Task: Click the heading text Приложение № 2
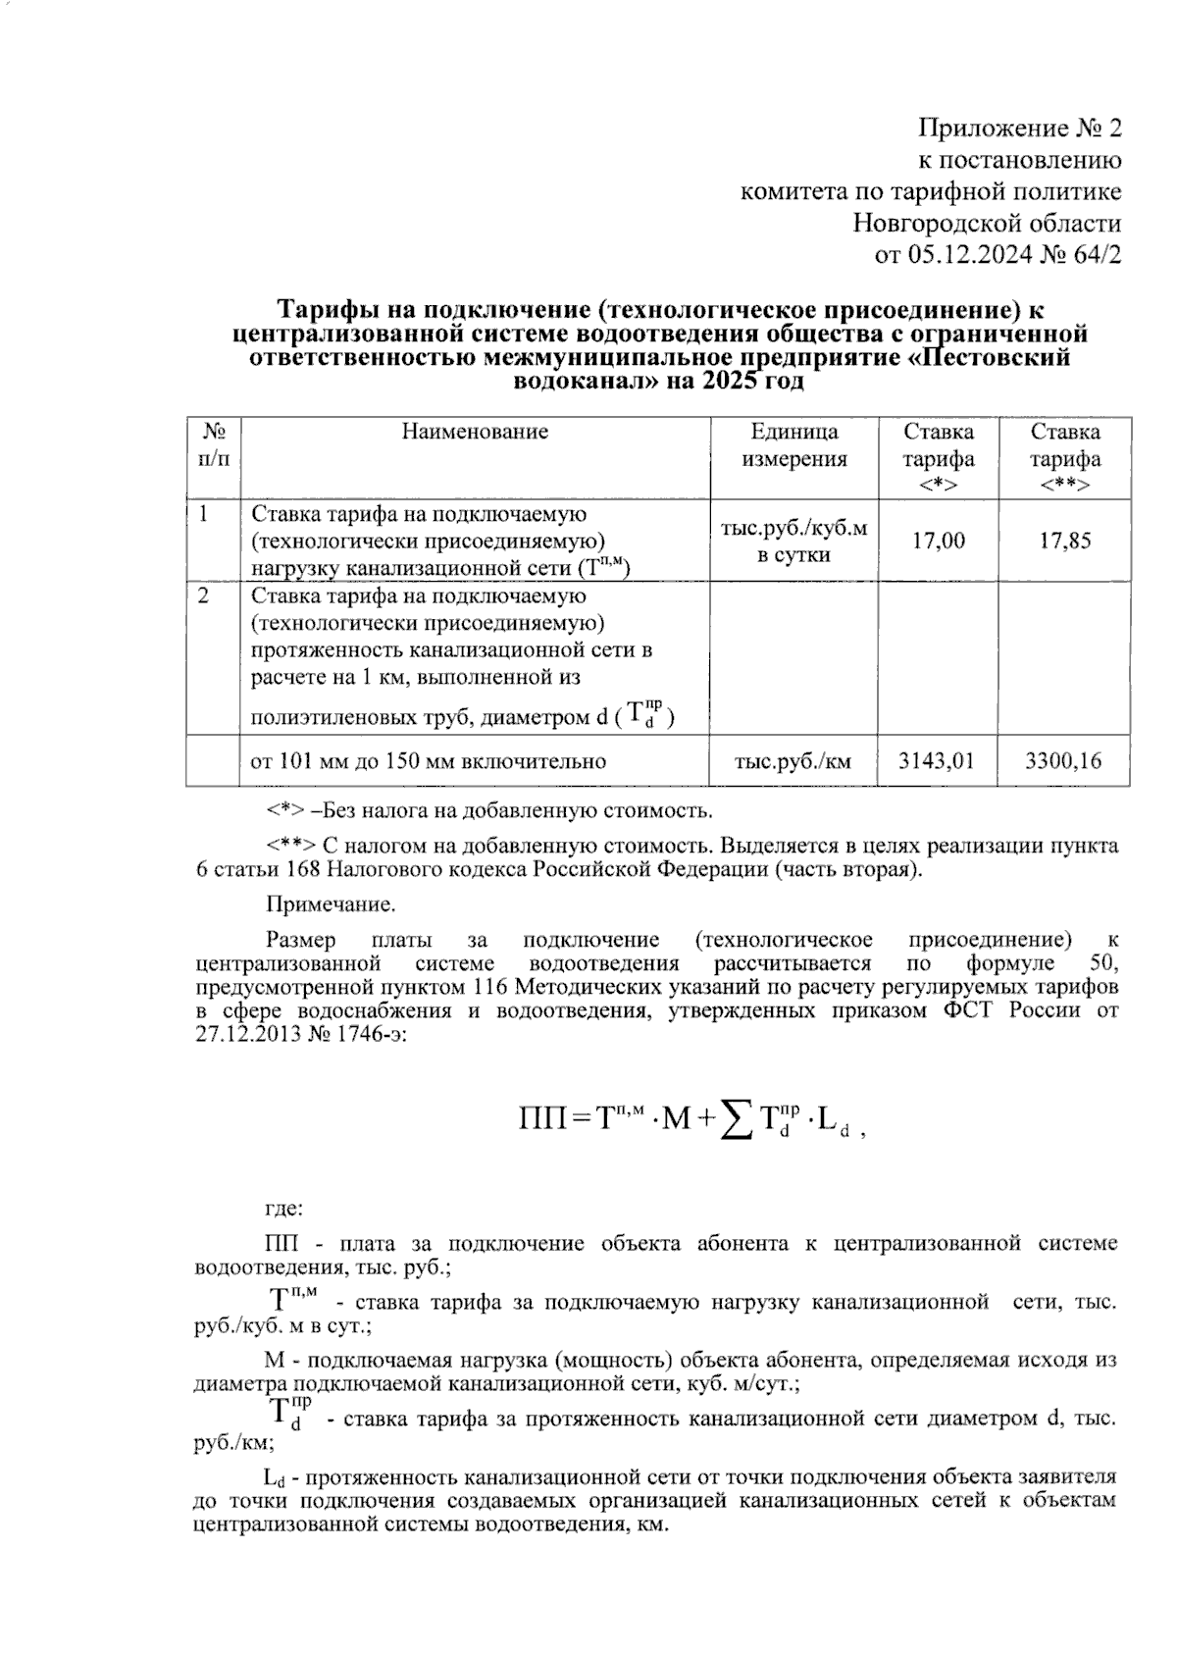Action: point(1019,129)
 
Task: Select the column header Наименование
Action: point(475,432)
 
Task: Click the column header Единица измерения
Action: point(793,445)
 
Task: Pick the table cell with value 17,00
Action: point(938,541)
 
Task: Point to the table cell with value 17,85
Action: point(1065,541)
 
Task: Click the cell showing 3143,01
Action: point(938,761)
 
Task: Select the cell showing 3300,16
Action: point(1064,761)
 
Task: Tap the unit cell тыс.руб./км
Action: point(793,761)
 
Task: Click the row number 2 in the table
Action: point(203,596)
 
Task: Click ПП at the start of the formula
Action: point(541,1117)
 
